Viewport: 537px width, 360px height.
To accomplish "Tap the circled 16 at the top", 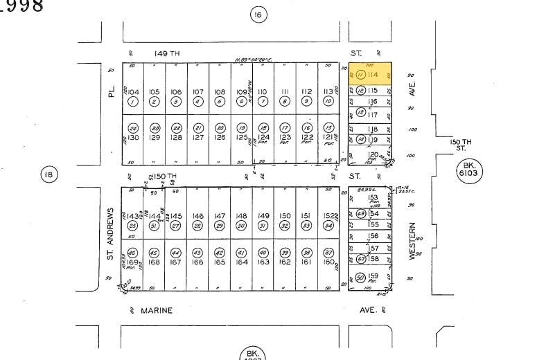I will tap(258, 15).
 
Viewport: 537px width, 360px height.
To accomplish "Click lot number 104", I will tap(133, 91).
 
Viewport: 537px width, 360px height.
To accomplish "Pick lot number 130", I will tap(133, 137).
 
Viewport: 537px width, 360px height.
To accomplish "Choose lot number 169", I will tap(133, 262).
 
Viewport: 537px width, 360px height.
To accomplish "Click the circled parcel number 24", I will tap(133, 128).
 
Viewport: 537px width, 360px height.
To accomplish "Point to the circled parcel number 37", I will tap(328, 253).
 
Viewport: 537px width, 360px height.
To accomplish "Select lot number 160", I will tap(328, 262).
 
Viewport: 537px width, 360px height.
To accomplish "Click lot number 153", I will tap(373, 198).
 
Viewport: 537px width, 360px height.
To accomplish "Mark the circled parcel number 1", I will tap(133, 101).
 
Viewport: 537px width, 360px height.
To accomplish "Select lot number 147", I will tap(220, 216).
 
